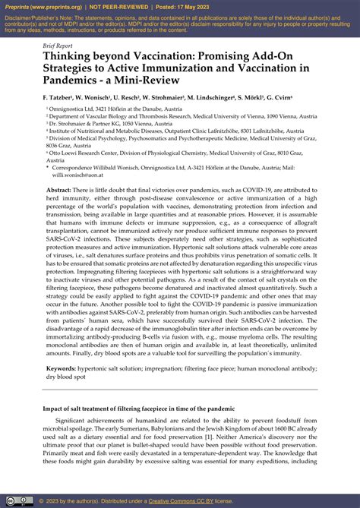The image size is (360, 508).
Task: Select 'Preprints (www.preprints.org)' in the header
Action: tap(40, 5)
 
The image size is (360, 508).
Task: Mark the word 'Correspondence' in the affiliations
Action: tap(76, 166)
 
